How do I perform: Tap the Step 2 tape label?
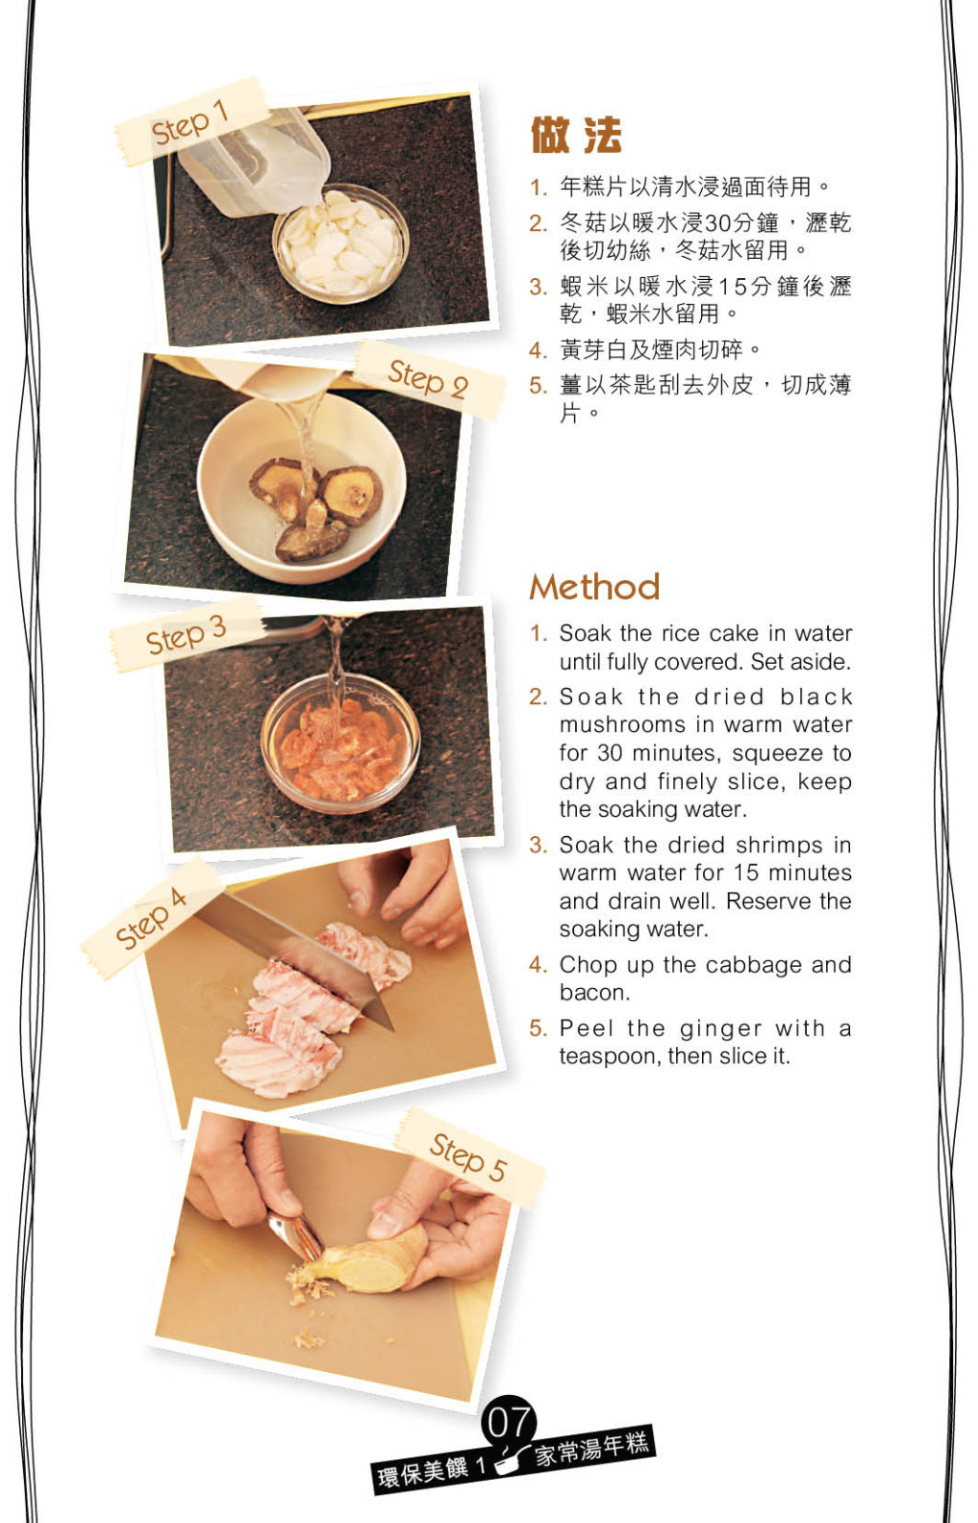tap(429, 379)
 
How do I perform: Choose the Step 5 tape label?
tap(470, 1157)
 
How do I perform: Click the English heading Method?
tap(595, 587)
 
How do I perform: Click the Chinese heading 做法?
tap(576, 135)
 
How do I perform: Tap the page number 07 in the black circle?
tap(509, 1422)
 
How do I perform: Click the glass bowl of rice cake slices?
tap(341, 244)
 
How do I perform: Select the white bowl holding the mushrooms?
tap(301, 487)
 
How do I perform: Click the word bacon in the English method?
tap(594, 993)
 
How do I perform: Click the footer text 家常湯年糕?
tap(592, 1449)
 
